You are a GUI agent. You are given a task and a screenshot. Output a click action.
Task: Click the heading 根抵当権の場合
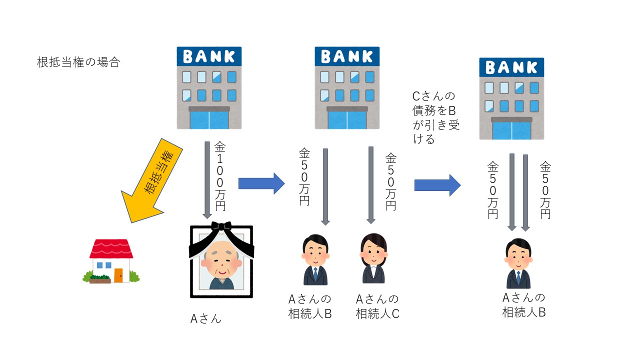click(78, 62)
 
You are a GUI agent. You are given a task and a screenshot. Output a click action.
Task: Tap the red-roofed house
click(110, 261)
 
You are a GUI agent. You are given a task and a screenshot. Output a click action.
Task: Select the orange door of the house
click(118, 275)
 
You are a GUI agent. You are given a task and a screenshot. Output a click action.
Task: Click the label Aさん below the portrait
click(205, 318)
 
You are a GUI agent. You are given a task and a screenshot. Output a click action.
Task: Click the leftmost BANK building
click(209, 87)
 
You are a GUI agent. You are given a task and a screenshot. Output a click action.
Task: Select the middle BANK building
click(347, 87)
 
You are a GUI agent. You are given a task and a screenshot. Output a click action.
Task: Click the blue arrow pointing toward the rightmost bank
click(437, 185)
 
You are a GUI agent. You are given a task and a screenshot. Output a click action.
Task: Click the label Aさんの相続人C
click(377, 306)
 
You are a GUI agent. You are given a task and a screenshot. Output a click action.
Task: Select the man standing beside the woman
click(315, 260)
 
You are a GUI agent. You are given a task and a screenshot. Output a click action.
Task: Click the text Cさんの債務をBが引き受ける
click(435, 117)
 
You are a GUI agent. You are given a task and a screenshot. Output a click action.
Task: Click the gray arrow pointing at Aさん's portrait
click(207, 180)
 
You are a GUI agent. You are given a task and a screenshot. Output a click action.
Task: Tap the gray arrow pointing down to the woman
click(371, 185)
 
